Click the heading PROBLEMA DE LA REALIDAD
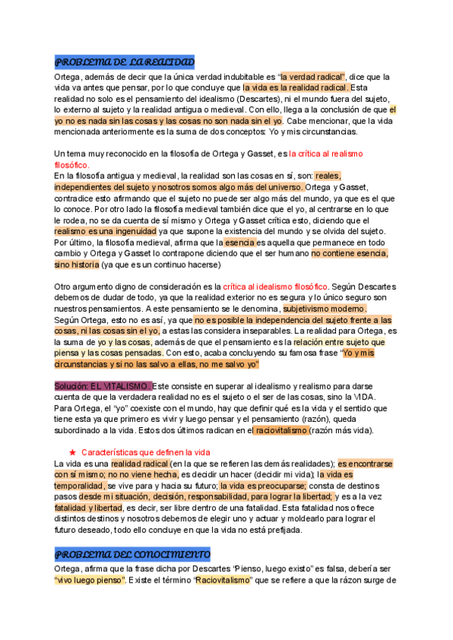click(125, 61)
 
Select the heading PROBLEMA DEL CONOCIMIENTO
click(132, 554)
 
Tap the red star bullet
click(72, 451)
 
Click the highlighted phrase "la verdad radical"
click(313, 77)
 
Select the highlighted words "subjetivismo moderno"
click(325, 309)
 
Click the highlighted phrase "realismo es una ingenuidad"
click(106, 231)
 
